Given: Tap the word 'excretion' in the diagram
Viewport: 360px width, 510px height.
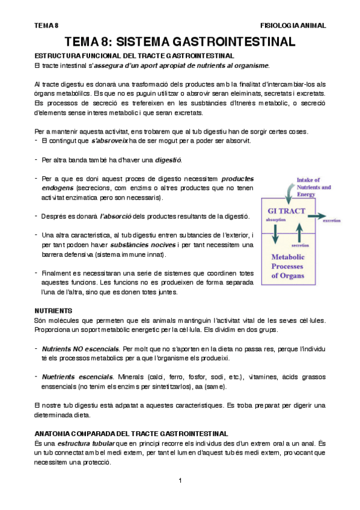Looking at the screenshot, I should tap(334, 221).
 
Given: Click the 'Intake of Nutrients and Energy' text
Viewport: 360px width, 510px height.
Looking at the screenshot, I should tap(313, 187).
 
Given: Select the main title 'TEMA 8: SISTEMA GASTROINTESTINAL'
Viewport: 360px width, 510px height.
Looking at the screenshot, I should tap(180, 42).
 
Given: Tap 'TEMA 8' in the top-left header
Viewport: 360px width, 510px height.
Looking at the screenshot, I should tap(46, 26).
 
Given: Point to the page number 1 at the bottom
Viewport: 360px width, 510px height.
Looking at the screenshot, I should tap(180, 480).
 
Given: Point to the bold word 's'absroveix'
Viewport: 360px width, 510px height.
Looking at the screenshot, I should tap(109, 141).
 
